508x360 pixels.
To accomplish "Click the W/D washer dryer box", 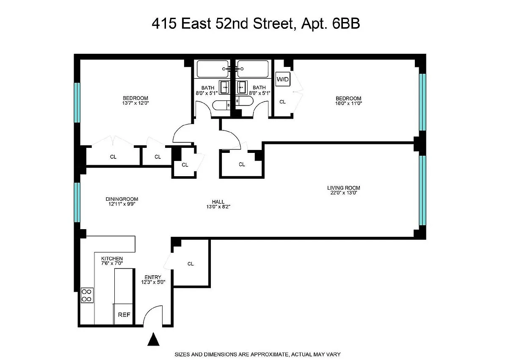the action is pos(283,79).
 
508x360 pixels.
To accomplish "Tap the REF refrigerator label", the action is pos(124,315).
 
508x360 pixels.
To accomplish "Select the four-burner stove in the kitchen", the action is pos(87,295).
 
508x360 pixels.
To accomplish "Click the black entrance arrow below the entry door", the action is pos(153,339).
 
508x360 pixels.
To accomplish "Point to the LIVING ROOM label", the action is pos(344,188).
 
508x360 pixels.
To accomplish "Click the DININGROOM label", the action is pos(122,199).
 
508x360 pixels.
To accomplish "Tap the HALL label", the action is pos(218,202).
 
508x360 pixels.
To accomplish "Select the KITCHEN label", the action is pos(112,258).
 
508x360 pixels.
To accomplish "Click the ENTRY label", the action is pos(153,277).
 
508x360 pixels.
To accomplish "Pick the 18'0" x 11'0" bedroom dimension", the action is pos(348,103).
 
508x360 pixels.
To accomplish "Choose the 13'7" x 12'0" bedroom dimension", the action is pos(135,103).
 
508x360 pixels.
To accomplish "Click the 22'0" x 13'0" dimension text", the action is pos(344,193).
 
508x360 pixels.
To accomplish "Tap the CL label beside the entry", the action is pos(190,264).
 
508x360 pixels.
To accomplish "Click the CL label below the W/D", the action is pos(282,102).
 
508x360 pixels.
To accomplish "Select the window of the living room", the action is pos(422,190).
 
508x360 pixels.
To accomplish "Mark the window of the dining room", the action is pos(77,202).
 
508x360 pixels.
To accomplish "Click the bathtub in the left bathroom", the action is pos(213,69).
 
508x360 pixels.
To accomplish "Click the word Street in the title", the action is pos(273,23).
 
